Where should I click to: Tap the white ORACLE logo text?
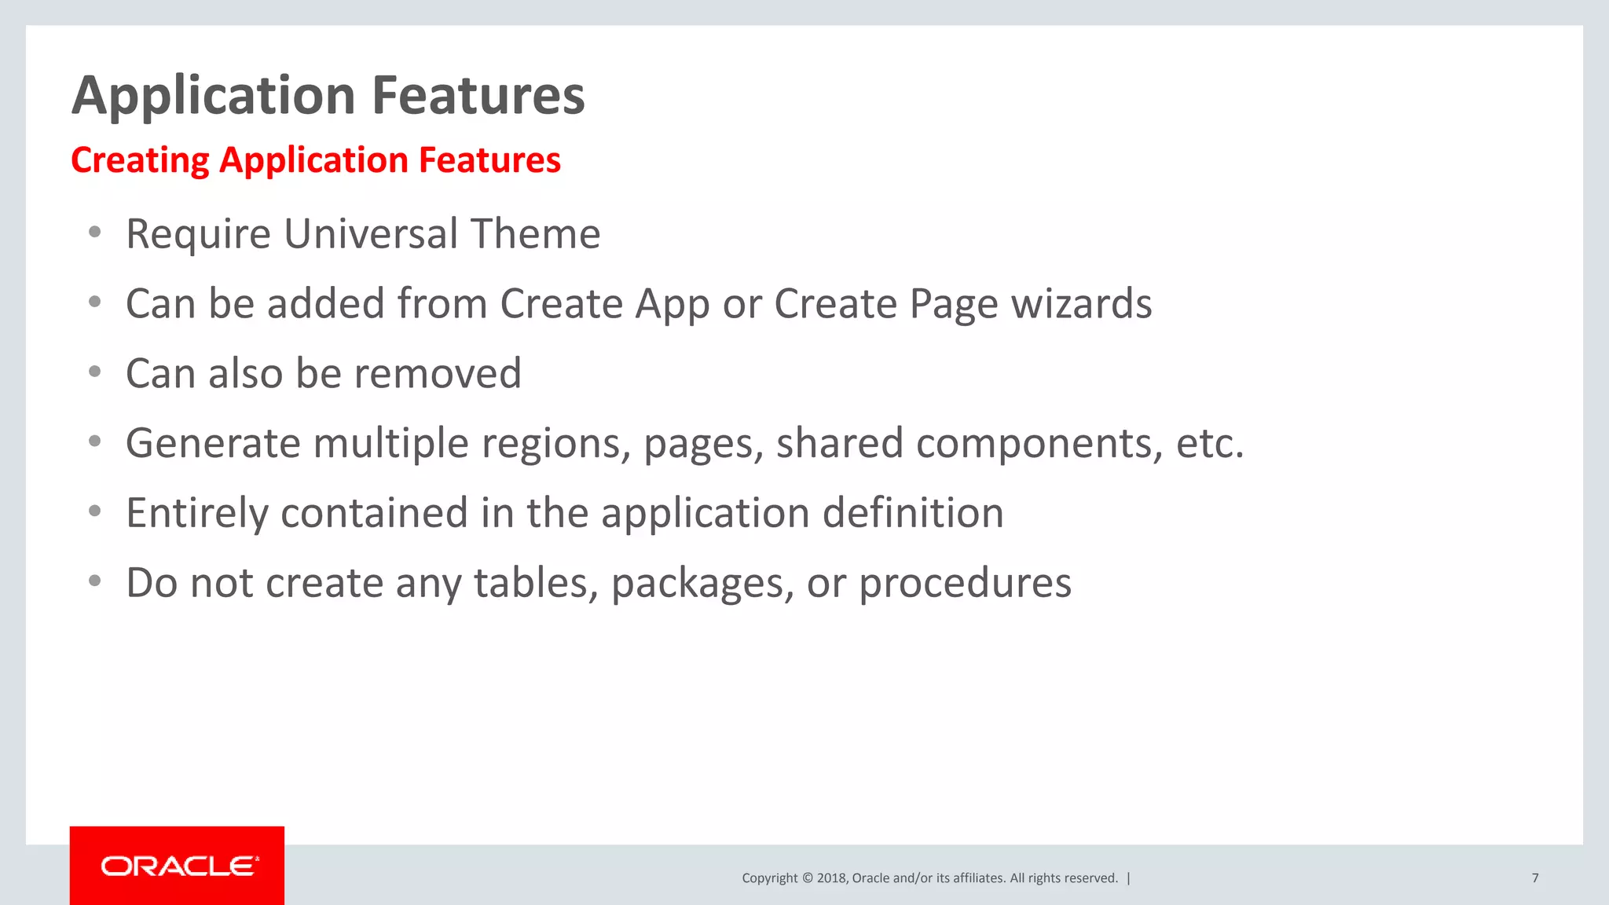click(179, 866)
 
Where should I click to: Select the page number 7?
click(1534, 878)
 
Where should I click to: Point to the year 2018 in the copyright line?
click(831, 878)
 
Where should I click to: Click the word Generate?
click(213, 444)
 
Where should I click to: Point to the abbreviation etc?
click(1209, 444)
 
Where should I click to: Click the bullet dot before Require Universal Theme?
click(95, 233)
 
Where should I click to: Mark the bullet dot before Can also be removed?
click(95, 372)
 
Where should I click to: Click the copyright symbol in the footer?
click(806, 878)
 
